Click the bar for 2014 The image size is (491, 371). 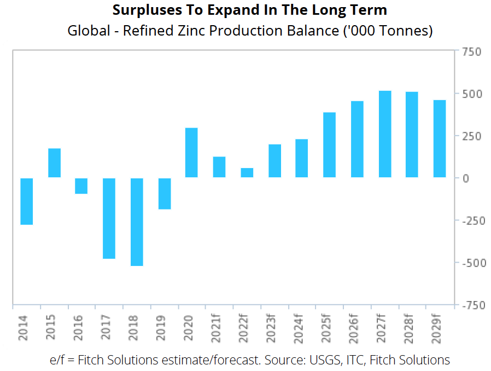click(x=27, y=201)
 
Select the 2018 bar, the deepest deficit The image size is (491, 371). click(x=137, y=222)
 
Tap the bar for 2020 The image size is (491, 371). click(x=191, y=153)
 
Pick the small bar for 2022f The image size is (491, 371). click(x=247, y=172)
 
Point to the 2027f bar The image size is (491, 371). click(x=385, y=134)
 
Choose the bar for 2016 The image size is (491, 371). click(x=81, y=186)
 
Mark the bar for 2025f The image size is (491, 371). click(x=329, y=145)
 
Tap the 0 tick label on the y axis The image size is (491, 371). click(x=466, y=178)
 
